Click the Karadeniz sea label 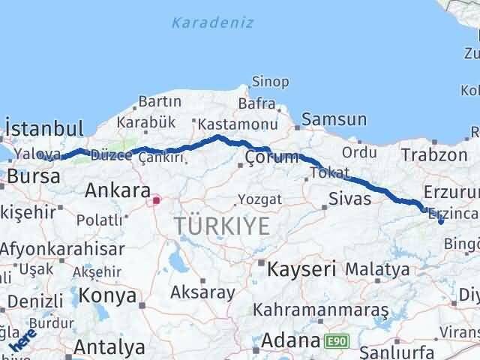[x=212, y=22]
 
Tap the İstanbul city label [x=43, y=128]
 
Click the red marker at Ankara [x=157, y=200]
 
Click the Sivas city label [x=350, y=199]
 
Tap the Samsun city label [x=334, y=119]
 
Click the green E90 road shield [x=337, y=342]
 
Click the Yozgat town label [x=259, y=199]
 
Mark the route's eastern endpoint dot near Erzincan [x=440, y=221]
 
